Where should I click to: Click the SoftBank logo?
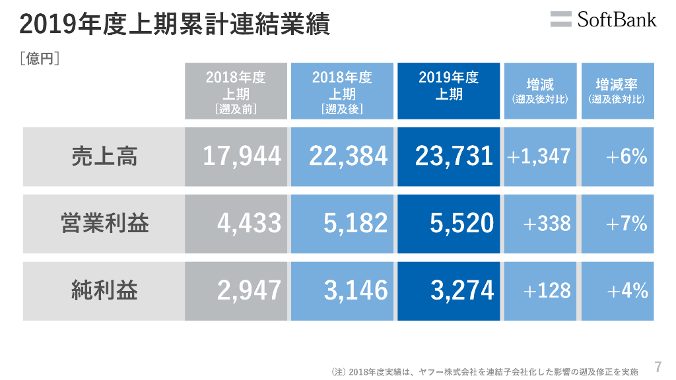point(603,19)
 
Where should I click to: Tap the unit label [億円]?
point(40,59)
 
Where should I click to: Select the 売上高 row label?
point(104,157)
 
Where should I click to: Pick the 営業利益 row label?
point(104,224)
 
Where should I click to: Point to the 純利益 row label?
point(104,291)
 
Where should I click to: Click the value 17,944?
point(242,157)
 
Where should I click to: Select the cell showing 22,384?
point(348,157)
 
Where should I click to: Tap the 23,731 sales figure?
point(454,157)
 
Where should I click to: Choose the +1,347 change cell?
point(539,157)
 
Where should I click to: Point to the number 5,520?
point(461,224)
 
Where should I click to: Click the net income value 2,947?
point(250,291)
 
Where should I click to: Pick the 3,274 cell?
point(461,291)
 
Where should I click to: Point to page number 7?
point(658,366)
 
